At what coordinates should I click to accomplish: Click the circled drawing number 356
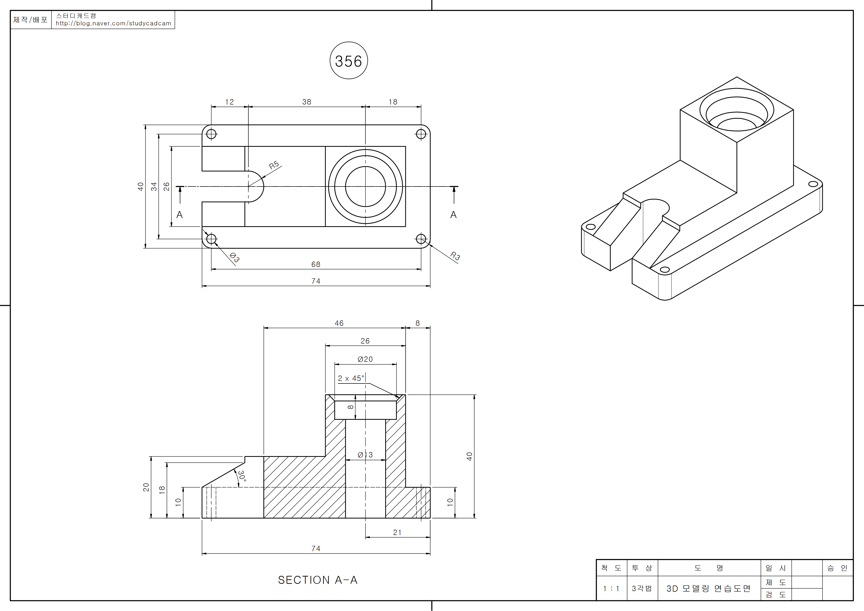[x=348, y=61]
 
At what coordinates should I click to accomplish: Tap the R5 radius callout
[x=274, y=165]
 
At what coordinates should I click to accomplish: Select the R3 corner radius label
[x=455, y=256]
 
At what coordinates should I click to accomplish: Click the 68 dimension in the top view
[x=316, y=264]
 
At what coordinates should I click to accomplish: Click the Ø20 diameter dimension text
[x=365, y=359]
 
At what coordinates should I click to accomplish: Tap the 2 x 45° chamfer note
[x=351, y=378]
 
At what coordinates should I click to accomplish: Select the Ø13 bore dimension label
[x=365, y=455]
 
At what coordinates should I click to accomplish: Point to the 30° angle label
[x=242, y=476]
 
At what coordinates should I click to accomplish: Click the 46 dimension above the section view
[x=339, y=323]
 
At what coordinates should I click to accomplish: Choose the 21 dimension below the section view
[x=397, y=532]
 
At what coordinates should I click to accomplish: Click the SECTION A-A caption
[x=318, y=580]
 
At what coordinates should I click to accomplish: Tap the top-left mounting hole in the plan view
[x=212, y=134]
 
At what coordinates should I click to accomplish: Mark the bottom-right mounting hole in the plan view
[x=421, y=239]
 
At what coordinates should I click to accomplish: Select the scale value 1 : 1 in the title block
[x=611, y=589]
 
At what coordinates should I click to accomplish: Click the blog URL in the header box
[x=113, y=23]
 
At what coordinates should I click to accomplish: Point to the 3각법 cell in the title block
[x=642, y=589]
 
